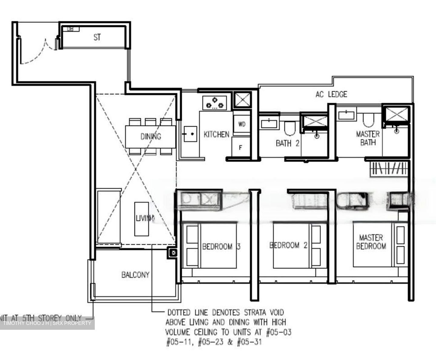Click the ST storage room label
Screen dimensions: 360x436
pyautogui.click(x=97, y=38)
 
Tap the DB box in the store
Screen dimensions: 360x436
pyautogui.click(x=70, y=29)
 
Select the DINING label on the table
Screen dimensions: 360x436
pyautogui.click(x=150, y=137)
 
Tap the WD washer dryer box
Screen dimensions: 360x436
pyautogui.click(x=242, y=124)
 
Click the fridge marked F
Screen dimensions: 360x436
pyautogui.click(x=241, y=148)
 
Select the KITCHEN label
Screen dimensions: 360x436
pyautogui.click(x=216, y=134)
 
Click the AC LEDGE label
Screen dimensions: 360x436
pyautogui.click(x=331, y=94)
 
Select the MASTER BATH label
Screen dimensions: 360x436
pyautogui.click(x=368, y=138)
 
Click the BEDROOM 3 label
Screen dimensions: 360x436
pyautogui.click(x=221, y=246)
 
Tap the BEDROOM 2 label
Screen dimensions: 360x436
pyautogui.click(x=289, y=245)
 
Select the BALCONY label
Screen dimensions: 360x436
pyautogui.click(x=135, y=275)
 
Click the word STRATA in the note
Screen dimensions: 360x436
pyautogui.click(x=252, y=312)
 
